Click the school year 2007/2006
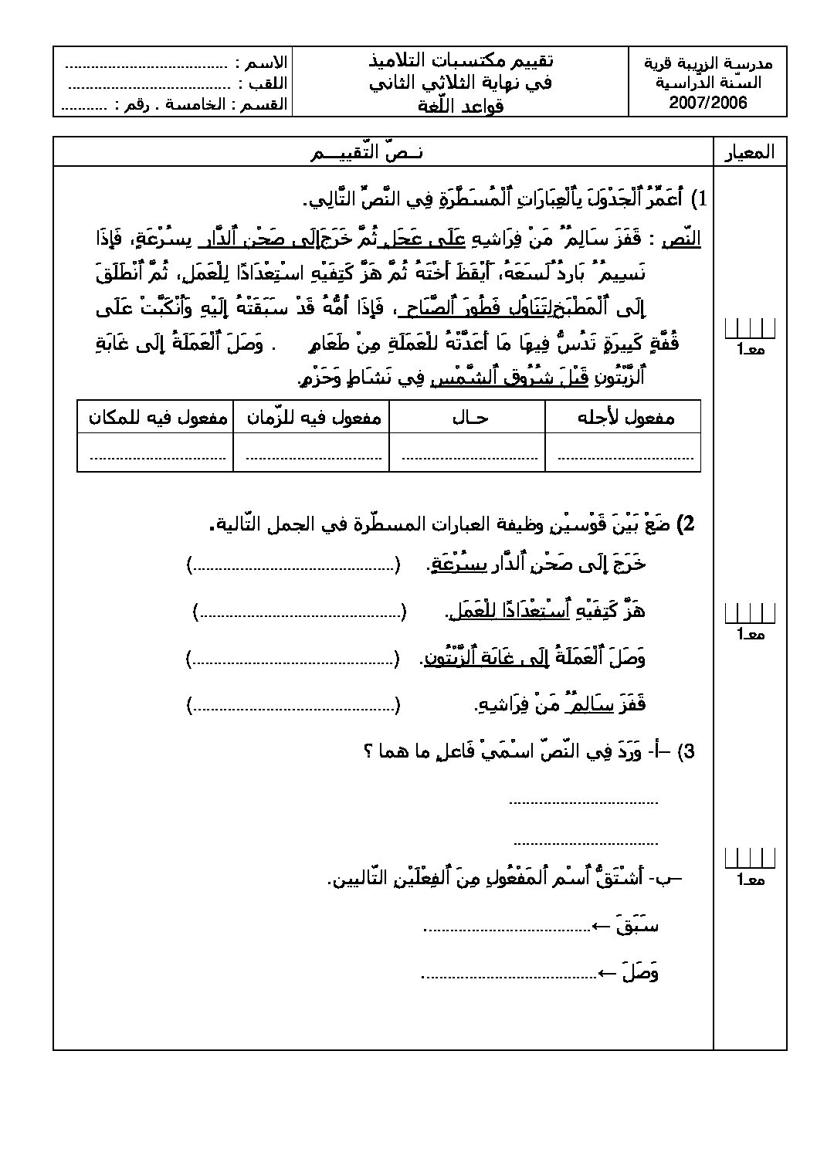708,103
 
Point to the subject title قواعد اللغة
461,105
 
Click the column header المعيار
749,152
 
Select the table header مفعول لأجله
625,418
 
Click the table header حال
469,418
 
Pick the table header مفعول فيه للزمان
313,418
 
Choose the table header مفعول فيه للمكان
158,418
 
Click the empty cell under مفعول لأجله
624,453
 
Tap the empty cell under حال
468,453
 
